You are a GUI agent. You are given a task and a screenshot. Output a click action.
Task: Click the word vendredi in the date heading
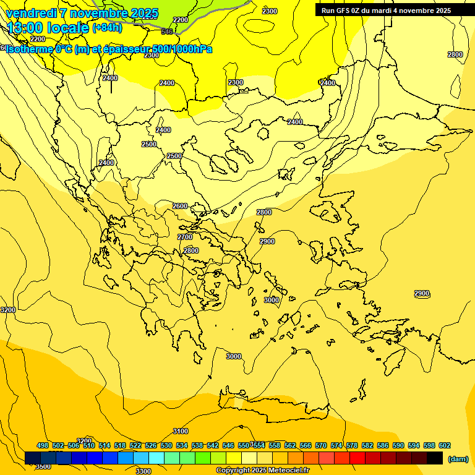32,13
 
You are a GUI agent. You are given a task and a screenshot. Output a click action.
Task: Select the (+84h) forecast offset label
107,28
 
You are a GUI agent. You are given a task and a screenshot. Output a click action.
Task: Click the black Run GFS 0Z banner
386,11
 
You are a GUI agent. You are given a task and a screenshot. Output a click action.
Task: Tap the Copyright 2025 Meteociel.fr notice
262,471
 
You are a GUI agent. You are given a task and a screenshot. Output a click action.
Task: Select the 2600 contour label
180,206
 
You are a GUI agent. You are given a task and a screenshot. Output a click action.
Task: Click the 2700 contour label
185,237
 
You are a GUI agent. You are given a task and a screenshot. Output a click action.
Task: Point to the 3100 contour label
181,431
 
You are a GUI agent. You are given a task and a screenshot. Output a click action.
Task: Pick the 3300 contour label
143,471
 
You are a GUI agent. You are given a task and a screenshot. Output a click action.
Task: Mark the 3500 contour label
43,466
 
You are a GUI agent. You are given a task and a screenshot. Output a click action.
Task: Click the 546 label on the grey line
167,32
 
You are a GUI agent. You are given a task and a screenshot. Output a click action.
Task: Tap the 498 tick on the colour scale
43,445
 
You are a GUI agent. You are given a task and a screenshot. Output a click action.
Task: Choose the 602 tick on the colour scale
445,445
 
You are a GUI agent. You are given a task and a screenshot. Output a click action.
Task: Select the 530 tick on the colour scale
166,445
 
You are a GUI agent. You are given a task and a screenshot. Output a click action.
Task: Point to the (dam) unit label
458,458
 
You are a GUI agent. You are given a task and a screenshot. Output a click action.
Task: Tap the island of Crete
272,408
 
